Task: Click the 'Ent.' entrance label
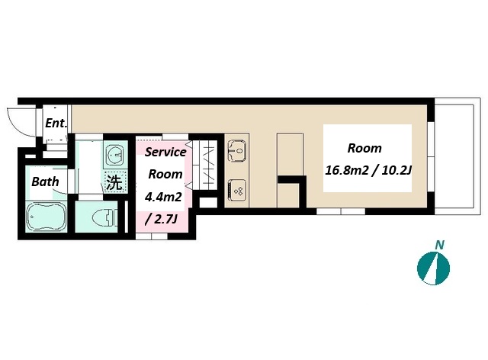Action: (x=56, y=123)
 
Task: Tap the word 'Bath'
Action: (x=45, y=182)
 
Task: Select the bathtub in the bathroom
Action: (x=47, y=217)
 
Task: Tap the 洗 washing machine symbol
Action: (x=114, y=182)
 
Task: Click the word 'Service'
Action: (x=165, y=152)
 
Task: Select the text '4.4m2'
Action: (x=163, y=197)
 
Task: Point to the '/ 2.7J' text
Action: (x=161, y=219)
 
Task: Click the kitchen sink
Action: (x=237, y=150)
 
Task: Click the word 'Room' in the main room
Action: (x=364, y=148)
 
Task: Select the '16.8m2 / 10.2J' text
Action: (x=368, y=170)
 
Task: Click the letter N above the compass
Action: (x=439, y=246)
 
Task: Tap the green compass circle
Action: (x=433, y=268)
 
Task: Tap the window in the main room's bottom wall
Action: (x=341, y=211)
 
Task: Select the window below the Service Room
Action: (x=152, y=236)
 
